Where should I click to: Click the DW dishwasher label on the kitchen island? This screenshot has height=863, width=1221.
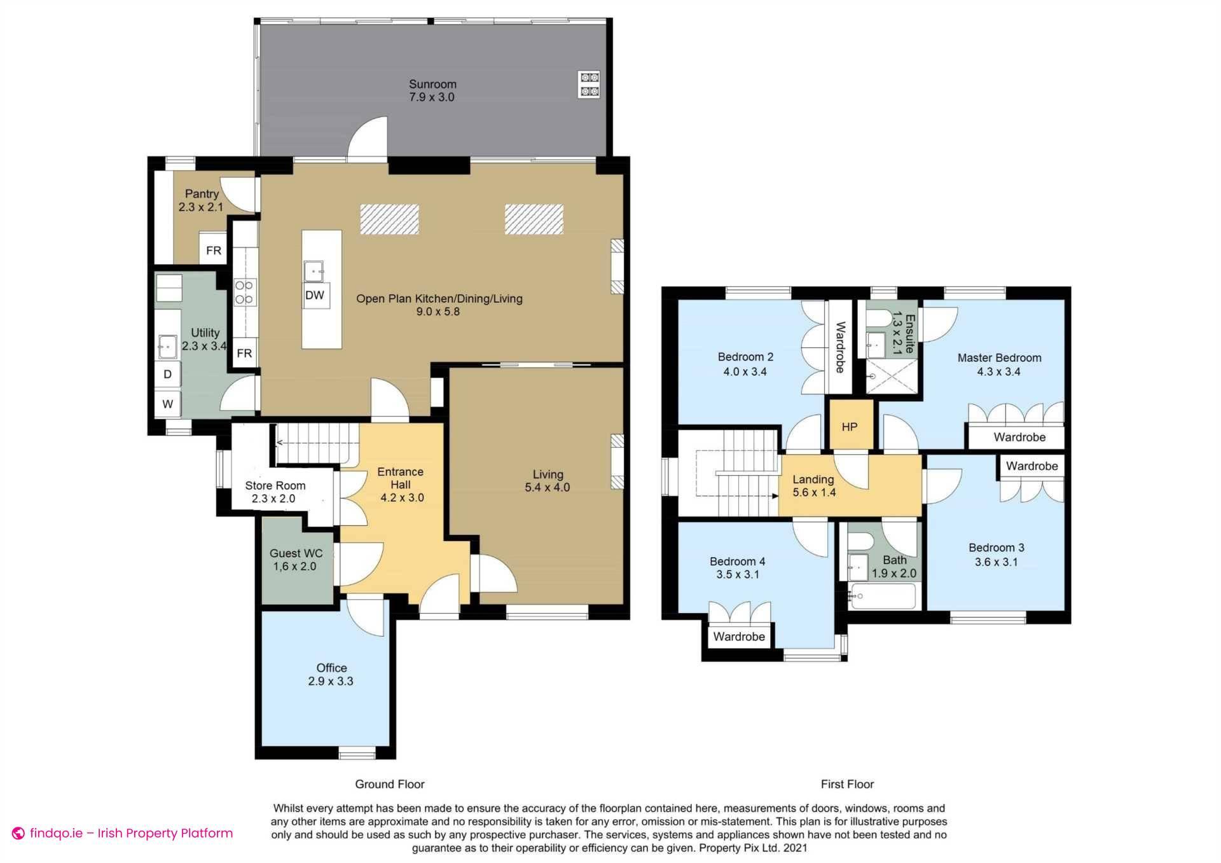[x=315, y=295]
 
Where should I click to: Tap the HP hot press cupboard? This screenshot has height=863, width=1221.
[x=850, y=427]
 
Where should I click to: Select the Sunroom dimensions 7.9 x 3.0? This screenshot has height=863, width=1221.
[x=432, y=97]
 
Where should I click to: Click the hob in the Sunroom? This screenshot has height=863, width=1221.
[x=589, y=85]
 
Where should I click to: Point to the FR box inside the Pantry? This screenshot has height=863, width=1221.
[x=214, y=251]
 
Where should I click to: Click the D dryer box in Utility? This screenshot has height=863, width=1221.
[x=168, y=374]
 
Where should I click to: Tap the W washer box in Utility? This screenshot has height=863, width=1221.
[x=168, y=404]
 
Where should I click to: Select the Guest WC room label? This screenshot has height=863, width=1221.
[x=296, y=553]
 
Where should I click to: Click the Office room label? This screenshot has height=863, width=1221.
[x=331, y=668]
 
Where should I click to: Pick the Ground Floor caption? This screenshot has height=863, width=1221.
[x=389, y=784]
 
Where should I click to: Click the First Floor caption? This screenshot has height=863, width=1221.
[x=847, y=784]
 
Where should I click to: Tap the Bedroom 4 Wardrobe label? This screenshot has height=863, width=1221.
[x=738, y=637]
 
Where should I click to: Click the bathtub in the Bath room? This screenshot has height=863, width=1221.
[x=883, y=597]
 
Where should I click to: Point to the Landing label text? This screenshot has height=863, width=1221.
[x=813, y=480]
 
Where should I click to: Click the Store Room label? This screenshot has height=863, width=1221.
[x=275, y=485]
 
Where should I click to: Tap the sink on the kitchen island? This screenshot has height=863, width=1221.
[x=314, y=272]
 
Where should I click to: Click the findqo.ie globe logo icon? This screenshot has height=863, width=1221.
[x=18, y=833]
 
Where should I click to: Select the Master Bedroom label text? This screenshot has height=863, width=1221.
[x=999, y=358]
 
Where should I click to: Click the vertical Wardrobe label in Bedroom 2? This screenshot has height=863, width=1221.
[x=840, y=347]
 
